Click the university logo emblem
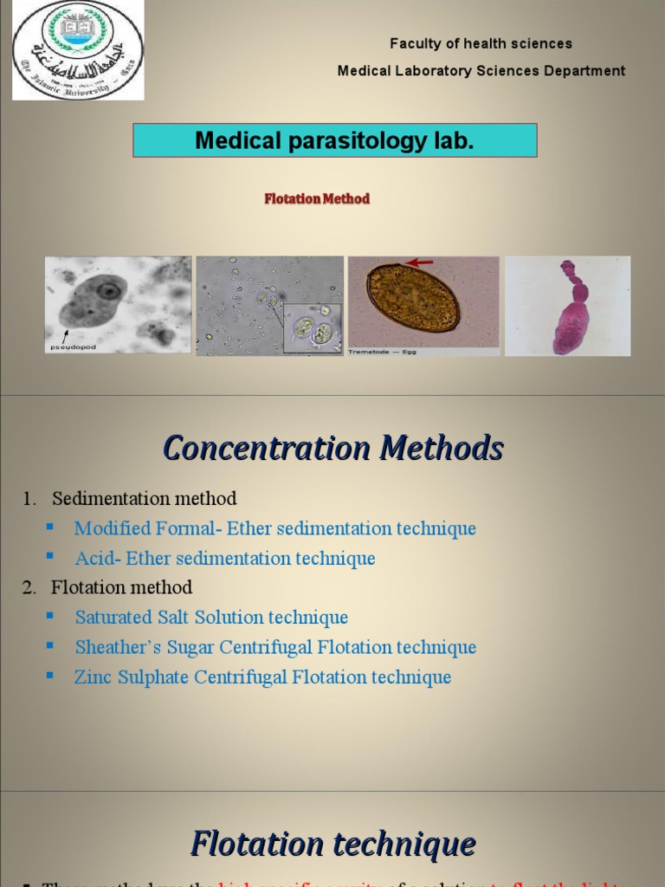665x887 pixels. (x=78, y=50)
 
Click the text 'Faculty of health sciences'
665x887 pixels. (x=481, y=43)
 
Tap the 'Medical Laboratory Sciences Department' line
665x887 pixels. (x=481, y=71)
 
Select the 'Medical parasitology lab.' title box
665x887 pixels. (x=334, y=140)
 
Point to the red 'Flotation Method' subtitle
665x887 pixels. (x=317, y=199)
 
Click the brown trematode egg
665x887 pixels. (x=413, y=298)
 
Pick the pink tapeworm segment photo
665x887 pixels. (x=568, y=306)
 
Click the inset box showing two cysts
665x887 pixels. (x=312, y=328)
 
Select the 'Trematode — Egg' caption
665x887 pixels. (x=383, y=352)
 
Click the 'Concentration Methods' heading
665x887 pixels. (x=333, y=449)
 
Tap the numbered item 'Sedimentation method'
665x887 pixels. (x=144, y=499)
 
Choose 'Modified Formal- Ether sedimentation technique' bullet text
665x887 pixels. (x=275, y=528)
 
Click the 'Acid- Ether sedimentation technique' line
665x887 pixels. (x=225, y=559)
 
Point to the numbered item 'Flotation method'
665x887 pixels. (x=121, y=587)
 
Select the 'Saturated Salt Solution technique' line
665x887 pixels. (x=211, y=618)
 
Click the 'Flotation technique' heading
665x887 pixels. (x=333, y=843)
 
